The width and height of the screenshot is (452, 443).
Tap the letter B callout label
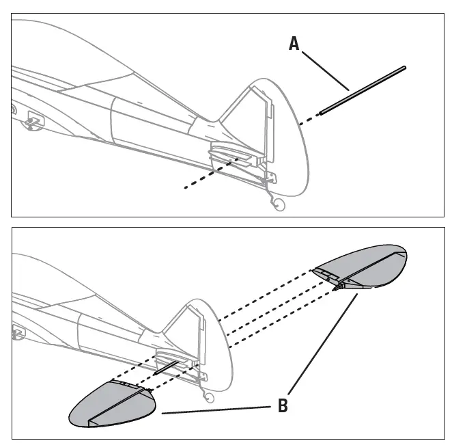coord(283,405)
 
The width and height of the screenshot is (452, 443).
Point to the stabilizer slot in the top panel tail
coord(232,153)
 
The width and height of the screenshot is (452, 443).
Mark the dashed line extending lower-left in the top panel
coord(205,176)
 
